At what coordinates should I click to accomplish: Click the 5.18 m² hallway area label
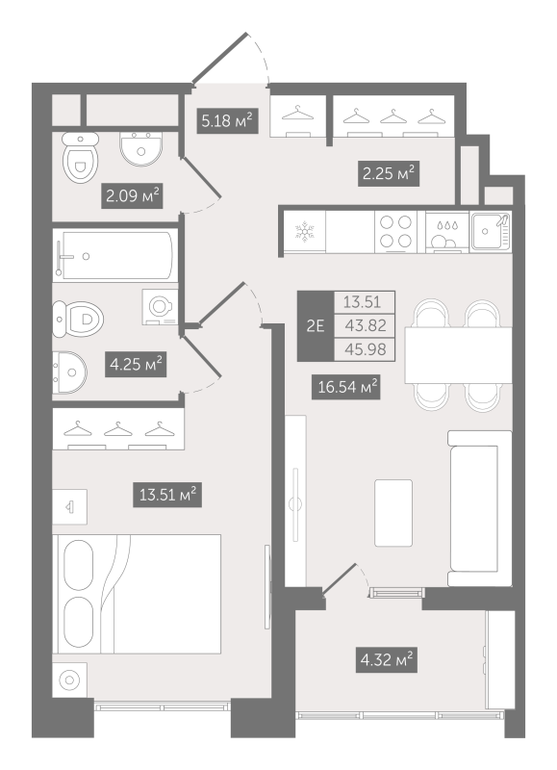coord(226,120)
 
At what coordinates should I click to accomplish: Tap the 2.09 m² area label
coord(131,197)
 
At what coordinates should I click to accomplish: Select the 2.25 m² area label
coord(389,173)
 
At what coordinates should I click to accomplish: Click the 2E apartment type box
coord(315,325)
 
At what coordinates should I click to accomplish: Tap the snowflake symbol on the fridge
coord(304,232)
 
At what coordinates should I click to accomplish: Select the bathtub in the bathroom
coord(114,256)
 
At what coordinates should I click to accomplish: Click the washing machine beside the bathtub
coord(159,304)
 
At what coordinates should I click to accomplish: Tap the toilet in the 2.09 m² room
coord(77,159)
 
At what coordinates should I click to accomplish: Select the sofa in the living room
coord(478,505)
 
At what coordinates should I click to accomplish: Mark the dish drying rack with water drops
coord(446,232)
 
